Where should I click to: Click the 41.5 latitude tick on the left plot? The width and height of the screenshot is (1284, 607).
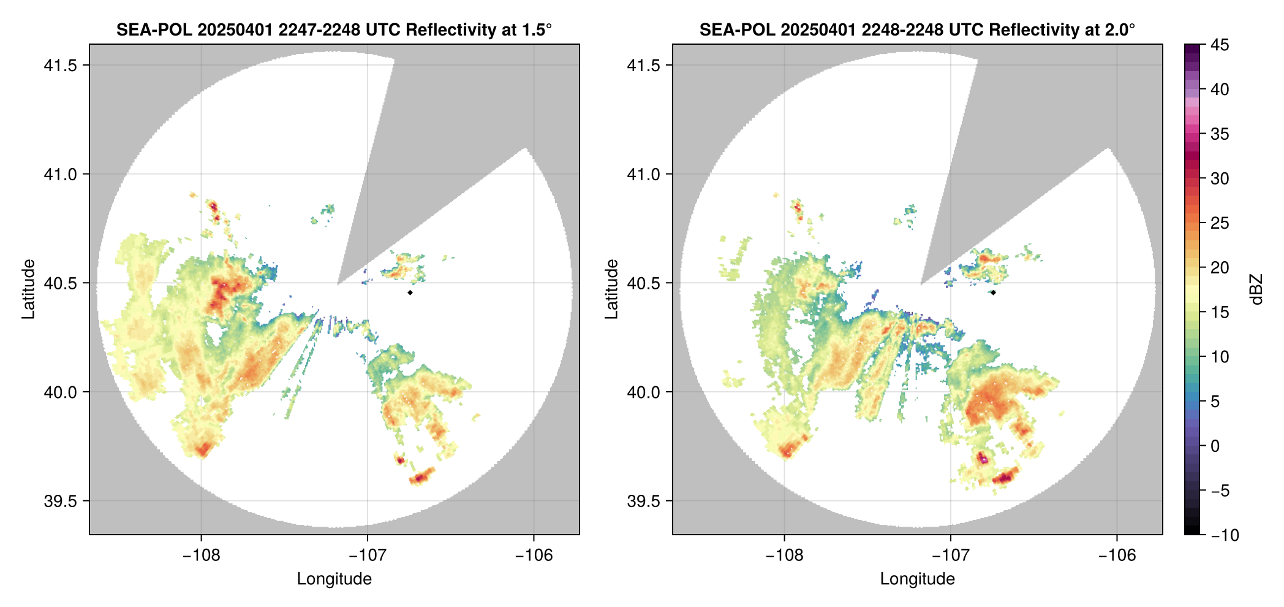point(61,66)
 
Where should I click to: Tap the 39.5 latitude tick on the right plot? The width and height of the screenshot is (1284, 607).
point(644,501)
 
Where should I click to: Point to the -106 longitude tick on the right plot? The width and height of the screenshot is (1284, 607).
point(1117,555)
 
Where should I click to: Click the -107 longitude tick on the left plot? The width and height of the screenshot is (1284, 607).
point(368,555)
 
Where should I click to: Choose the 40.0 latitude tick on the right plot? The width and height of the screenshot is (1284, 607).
point(644,392)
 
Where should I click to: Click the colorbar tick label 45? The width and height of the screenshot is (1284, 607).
point(1220,45)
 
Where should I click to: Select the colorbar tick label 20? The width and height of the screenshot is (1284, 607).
point(1220,268)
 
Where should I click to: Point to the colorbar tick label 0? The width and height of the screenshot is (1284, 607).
point(1215,446)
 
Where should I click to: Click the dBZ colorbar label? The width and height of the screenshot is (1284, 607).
point(1256,289)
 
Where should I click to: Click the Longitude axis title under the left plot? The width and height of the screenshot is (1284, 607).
point(334,579)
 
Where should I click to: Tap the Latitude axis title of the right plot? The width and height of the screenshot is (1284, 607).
point(611,289)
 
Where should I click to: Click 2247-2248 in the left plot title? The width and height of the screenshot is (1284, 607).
point(319,30)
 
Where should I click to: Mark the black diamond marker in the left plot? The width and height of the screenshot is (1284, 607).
point(410,293)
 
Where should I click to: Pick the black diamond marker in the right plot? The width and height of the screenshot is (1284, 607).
point(993,293)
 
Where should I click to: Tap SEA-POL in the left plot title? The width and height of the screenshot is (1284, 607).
point(154,30)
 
